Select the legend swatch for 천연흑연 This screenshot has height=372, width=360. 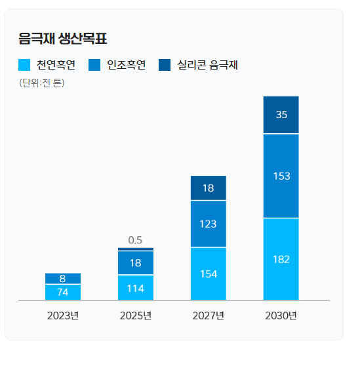point(25,64)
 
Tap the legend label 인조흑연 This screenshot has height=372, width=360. point(126,64)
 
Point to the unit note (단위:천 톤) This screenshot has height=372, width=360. point(42,83)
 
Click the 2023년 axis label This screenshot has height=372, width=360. point(63,316)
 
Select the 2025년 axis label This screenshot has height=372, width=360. point(136,316)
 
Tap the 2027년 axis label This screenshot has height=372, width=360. point(209,316)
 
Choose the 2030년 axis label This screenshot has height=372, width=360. point(281,316)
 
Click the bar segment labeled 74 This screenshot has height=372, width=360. point(63,292)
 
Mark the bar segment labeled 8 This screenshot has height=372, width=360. point(63,278)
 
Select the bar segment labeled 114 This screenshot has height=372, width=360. point(136,287)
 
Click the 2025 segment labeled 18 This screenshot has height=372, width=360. point(136,262)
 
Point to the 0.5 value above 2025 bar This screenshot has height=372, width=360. point(136,240)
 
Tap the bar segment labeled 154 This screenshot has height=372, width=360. point(209,274)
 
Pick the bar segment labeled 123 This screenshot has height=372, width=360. point(209,224)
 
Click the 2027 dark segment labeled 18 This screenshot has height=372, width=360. point(209,188)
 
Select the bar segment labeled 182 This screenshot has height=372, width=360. point(281,259)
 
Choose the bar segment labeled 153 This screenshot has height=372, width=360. point(281,176)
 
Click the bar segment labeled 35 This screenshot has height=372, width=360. point(281,115)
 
